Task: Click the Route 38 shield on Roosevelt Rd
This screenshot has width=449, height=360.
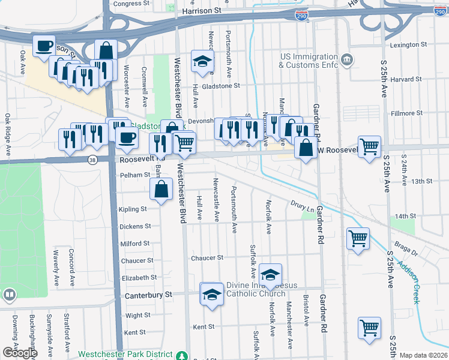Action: (x=92, y=160)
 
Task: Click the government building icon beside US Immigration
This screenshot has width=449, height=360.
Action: (x=346, y=61)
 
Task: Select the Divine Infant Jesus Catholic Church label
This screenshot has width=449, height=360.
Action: (x=256, y=289)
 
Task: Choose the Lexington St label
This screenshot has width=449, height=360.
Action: (x=408, y=44)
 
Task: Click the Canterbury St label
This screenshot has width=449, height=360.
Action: (x=148, y=295)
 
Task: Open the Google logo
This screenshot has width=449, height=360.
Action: (x=20, y=353)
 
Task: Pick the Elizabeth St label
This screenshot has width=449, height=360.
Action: (x=139, y=278)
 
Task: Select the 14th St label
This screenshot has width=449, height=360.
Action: (x=405, y=216)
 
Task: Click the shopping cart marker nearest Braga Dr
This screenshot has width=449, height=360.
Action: (x=358, y=238)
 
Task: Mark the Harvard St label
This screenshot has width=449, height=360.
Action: (x=406, y=79)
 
